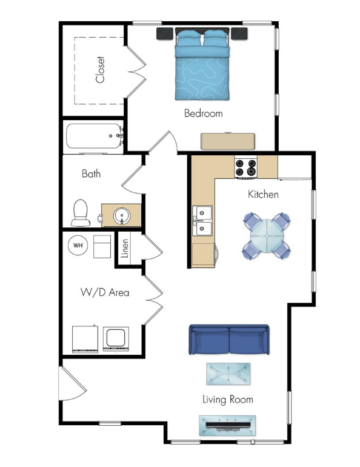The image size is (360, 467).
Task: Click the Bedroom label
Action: coord(204,113)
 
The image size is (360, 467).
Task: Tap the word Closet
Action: coord(101,70)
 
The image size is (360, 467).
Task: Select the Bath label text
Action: coord(91,174)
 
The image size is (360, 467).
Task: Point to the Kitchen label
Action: coord(263,195)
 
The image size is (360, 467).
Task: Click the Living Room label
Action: coord(227,400)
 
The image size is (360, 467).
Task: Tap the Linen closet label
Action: coord(124,249)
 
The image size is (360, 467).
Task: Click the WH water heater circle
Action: coord(78,246)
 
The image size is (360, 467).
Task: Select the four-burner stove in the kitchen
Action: coord(247,168)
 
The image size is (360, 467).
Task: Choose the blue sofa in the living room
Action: coord(229,340)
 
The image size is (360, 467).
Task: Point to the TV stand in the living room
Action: coord(227,425)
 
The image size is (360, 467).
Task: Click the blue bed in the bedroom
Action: coord(202,66)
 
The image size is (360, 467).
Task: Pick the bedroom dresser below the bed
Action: coord(229,141)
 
